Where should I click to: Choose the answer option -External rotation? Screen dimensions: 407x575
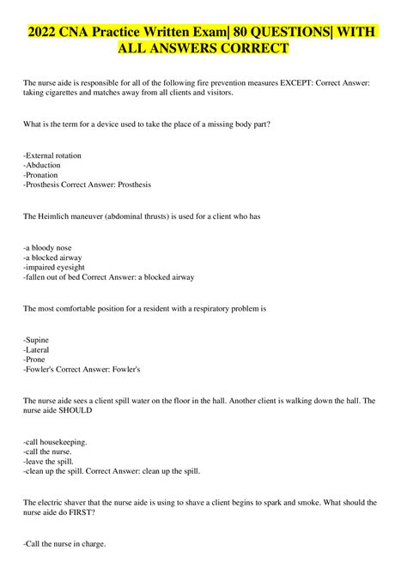point(52,155)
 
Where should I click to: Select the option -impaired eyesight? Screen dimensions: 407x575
point(56,267)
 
